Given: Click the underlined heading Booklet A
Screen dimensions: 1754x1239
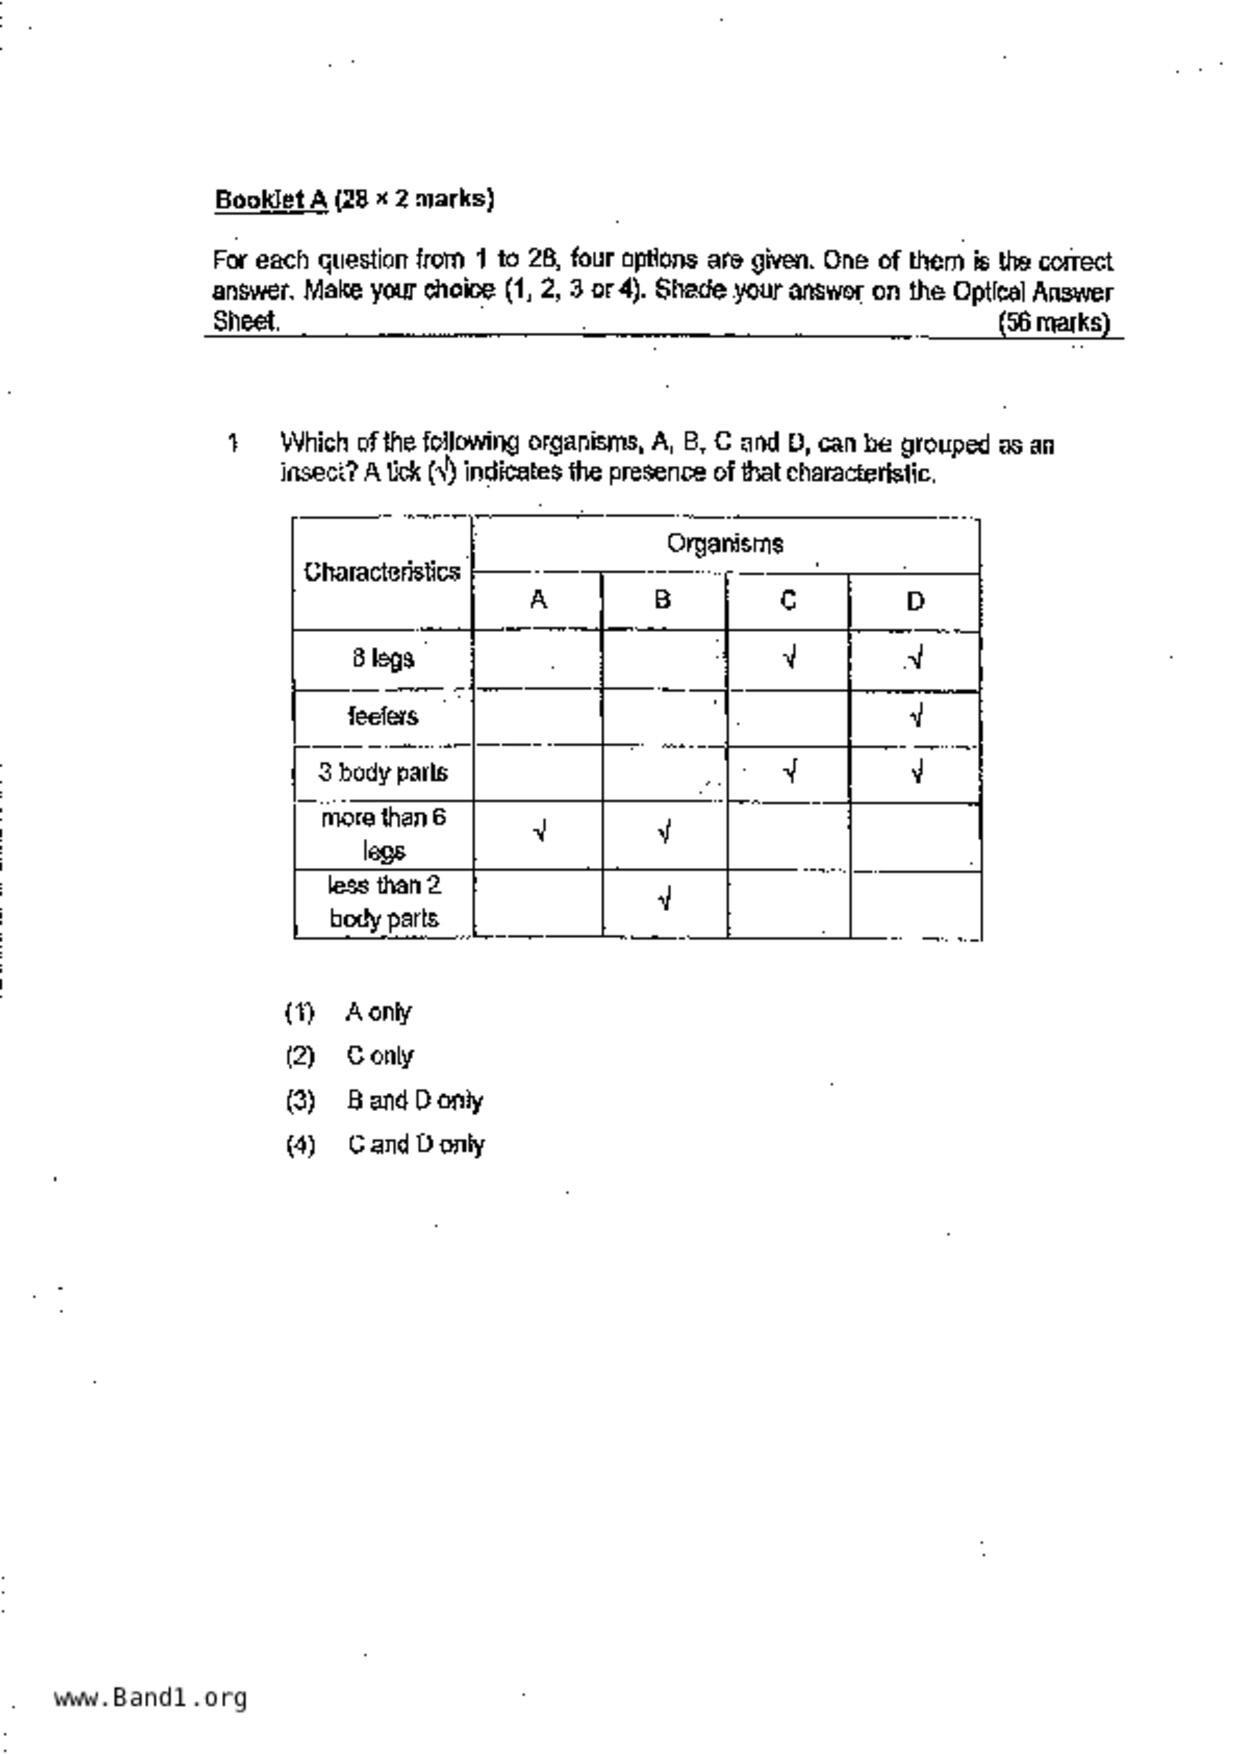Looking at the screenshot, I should [x=271, y=200].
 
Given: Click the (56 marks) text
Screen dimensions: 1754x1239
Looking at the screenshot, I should [x=1054, y=323].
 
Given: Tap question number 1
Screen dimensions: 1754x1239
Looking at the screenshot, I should [x=233, y=442].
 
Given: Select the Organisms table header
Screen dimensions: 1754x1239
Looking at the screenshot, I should [x=725, y=544].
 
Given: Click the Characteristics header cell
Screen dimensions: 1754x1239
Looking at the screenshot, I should [x=382, y=572].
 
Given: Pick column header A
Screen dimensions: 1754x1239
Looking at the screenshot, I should [x=538, y=600].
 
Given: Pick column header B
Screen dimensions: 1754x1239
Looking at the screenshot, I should [x=662, y=600].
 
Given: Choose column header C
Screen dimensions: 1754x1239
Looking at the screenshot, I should [x=788, y=600].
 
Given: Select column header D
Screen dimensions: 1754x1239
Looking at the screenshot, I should [x=915, y=601].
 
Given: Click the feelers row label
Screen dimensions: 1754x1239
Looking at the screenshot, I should [x=383, y=716].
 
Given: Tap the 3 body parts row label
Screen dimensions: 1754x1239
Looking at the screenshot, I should [x=383, y=772].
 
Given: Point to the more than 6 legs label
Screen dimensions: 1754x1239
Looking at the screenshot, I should [x=383, y=834].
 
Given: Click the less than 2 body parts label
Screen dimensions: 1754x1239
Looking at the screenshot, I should [x=383, y=902].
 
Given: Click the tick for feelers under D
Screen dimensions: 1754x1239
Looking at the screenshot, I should [x=916, y=716].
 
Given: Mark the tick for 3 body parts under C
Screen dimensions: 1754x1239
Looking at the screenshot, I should [x=790, y=771].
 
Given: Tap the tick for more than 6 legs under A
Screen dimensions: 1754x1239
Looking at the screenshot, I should [x=540, y=832].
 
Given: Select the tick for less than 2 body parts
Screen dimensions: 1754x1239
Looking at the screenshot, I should [x=664, y=900].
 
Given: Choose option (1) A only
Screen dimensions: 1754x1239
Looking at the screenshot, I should [x=378, y=1012].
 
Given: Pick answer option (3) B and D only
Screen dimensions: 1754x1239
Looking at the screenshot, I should [x=414, y=1101].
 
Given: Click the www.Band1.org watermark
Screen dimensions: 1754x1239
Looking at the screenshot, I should [x=151, y=1697].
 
